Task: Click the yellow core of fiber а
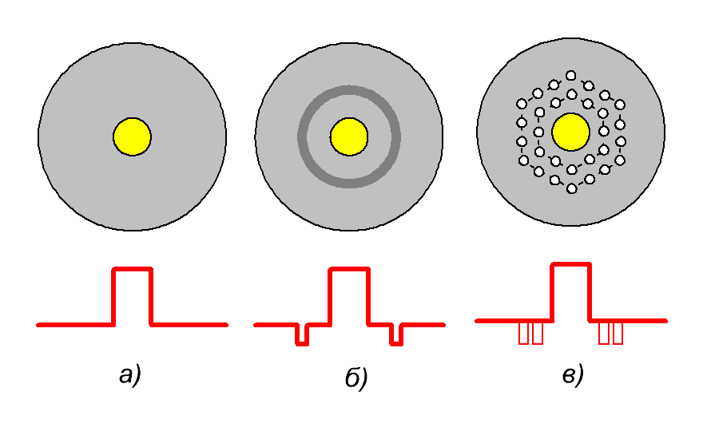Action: tap(133, 136)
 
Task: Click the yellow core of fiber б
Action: tap(349, 136)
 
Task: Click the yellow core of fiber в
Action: tap(570, 132)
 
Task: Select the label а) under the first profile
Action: tap(130, 375)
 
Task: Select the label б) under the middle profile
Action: tap(356, 378)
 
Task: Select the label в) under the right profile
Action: tap(573, 375)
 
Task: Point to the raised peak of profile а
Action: tap(133, 269)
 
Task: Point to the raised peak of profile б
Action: tap(349, 269)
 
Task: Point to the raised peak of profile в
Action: tap(570, 264)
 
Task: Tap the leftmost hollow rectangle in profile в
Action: tap(523, 334)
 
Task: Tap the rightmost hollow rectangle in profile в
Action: tap(618, 334)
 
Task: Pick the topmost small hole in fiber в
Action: tap(570, 75)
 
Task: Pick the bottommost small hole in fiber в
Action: tap(572, 188)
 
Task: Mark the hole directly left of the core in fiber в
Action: tap(539, 132)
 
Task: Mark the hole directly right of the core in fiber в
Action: tap(604, 131)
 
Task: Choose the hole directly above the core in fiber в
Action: tap(572, 94)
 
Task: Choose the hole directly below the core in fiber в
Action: tap(572, 169)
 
